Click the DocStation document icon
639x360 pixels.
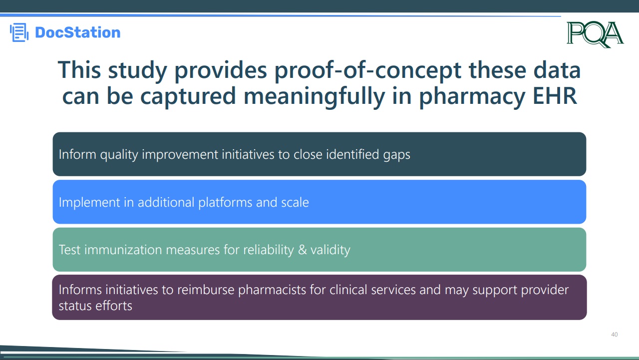tap(19, 32)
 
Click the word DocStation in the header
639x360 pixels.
tap(77, 32)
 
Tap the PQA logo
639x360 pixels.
tap(595, 34)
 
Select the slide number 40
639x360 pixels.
tap(614, 335)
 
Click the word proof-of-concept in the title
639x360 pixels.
tap(368, 70)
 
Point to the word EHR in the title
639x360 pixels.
tap(555, 96)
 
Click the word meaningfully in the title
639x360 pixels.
tap(314, 96)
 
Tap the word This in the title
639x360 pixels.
tap(79, 69)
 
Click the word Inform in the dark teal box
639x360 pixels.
tap(77, 154)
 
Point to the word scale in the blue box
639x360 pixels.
tap(295, 202)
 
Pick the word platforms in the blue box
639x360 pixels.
tap(225, 203)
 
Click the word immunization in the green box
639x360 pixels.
tap(123, 250)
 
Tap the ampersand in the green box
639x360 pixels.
tap(302, 250)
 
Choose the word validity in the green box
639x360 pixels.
tap(330, 250)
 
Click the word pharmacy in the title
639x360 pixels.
tap(472, 97)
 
